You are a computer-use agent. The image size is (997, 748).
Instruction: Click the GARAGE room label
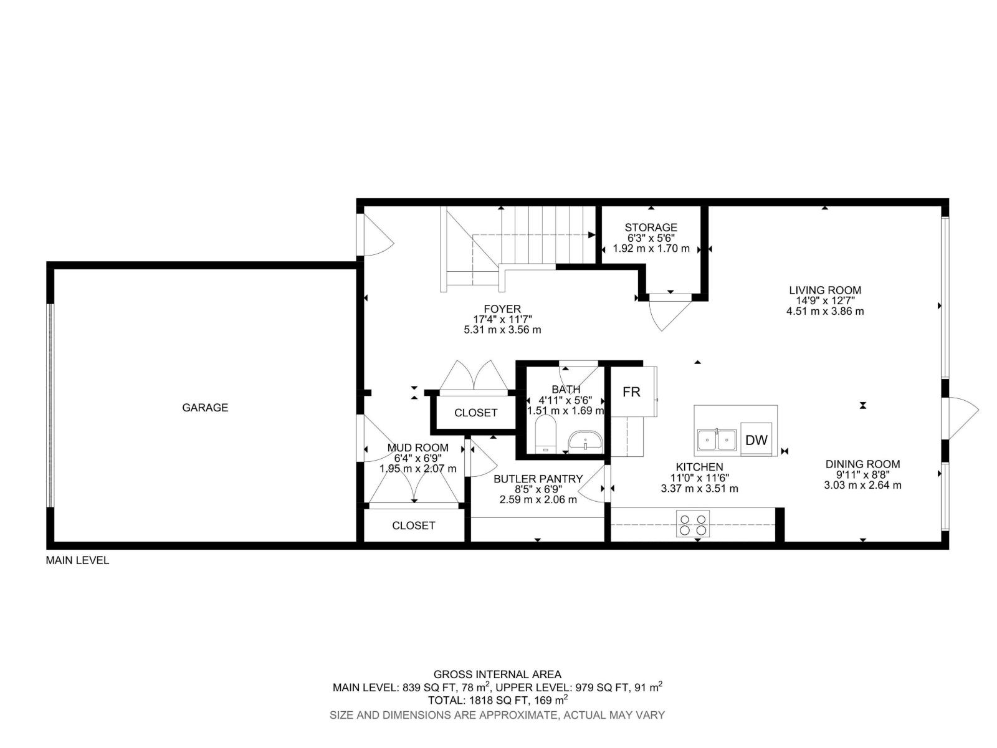(205, 408)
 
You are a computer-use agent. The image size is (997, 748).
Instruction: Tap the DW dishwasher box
(756, 440)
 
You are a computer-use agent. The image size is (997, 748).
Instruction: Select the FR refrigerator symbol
(631, 391)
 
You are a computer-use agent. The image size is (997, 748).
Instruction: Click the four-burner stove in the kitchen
(693, 524)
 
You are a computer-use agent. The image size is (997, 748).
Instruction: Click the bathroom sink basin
(585, 441)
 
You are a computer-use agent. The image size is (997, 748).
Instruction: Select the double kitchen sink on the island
(717, 440)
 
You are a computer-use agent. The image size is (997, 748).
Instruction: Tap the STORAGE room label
(651, 228)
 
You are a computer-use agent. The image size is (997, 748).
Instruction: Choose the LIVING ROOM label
(825, 290)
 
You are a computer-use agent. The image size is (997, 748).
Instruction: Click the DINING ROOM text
(862, 464)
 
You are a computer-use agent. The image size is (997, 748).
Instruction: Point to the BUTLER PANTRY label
(538, 479)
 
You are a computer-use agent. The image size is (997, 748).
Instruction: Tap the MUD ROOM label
(417, 448)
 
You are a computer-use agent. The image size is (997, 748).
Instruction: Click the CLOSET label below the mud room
(413, 525)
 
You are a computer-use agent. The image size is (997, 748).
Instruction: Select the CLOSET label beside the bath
(475, 413)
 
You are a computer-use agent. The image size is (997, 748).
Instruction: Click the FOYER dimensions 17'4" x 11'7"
(502, 319)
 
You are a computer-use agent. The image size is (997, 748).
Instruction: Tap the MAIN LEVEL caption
(77, 560)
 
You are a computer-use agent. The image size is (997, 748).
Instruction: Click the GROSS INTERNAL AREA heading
(497, 674)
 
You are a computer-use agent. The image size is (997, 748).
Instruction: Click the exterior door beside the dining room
(963, 418)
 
